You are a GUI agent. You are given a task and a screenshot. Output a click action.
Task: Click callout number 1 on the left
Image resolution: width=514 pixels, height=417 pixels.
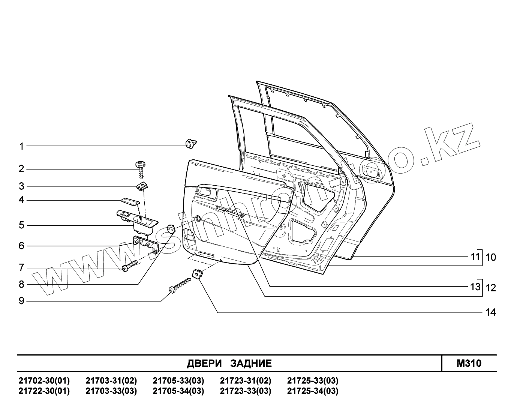pos(21,146)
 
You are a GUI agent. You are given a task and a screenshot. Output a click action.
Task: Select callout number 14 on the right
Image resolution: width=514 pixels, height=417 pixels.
pos(490,312)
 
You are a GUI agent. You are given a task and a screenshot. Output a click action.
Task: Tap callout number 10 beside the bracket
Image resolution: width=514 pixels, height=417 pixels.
pos(490,257)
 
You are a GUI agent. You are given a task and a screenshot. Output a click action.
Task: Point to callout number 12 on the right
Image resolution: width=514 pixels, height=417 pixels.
pos(490,288)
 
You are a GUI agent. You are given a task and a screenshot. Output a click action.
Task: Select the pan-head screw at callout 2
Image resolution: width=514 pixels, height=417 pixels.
pos(141,169)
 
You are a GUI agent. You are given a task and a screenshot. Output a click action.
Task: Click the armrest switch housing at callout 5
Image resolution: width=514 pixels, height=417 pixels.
pos(137,218)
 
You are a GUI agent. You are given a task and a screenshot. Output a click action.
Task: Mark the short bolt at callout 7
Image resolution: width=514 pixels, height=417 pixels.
pos(130,266)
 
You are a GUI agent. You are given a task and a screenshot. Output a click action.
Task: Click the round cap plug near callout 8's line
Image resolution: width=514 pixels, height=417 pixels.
pos(171,228)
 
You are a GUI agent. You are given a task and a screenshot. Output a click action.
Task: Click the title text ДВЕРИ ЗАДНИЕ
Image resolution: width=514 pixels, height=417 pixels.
pos(229,363)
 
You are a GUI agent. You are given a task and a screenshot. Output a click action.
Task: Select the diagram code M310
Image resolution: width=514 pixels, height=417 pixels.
pos(469,363)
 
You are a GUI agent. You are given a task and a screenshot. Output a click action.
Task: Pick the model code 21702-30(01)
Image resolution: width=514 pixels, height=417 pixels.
pos(44,381)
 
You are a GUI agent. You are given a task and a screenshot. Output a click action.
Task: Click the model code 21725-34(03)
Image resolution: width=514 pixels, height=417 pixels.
pos(313,391)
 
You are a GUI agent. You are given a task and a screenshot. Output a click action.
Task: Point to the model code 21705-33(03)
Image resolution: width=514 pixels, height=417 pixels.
pos(178,381)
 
